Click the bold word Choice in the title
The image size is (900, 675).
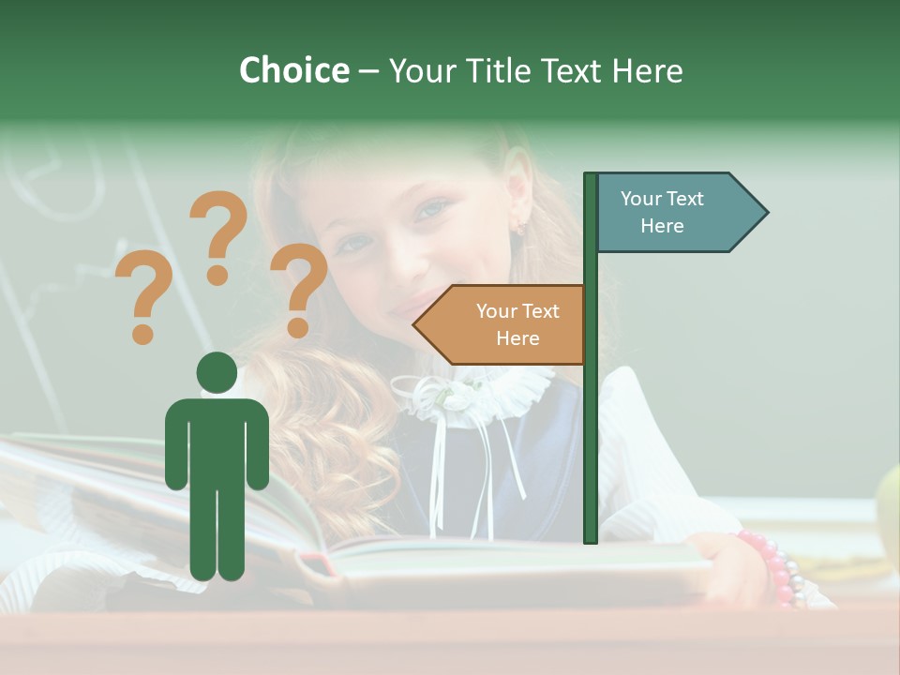coord(293,70)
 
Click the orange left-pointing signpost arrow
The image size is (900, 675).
coord(502,324)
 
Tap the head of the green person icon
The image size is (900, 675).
coord(217,372)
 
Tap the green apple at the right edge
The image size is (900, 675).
coord(889,511)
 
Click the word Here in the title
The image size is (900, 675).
coord(647,71)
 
